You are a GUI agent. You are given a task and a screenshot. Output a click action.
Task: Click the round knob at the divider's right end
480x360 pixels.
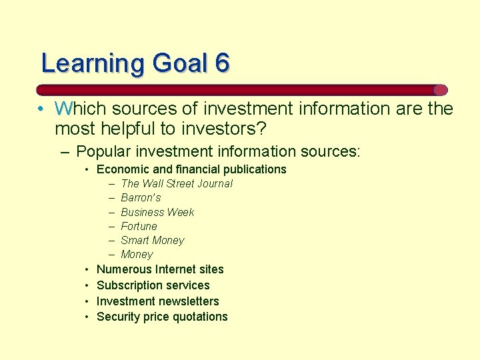(440, 90)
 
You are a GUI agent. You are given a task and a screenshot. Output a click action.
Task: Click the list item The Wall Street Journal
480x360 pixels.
(177, 183)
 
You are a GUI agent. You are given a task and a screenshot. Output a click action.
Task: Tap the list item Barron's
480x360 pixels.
(141, 198)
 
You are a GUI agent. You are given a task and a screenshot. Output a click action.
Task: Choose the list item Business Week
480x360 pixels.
(157, 212)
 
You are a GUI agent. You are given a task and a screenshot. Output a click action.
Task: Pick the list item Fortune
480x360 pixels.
(139, 226)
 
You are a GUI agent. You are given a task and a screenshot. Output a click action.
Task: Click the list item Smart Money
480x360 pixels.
(152, 240)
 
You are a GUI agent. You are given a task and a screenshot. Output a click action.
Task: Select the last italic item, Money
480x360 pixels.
(137, 255)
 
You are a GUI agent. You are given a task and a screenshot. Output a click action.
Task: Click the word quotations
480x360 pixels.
(198, 317)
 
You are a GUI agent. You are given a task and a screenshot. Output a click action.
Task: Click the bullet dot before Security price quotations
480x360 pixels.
(87, 317)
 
